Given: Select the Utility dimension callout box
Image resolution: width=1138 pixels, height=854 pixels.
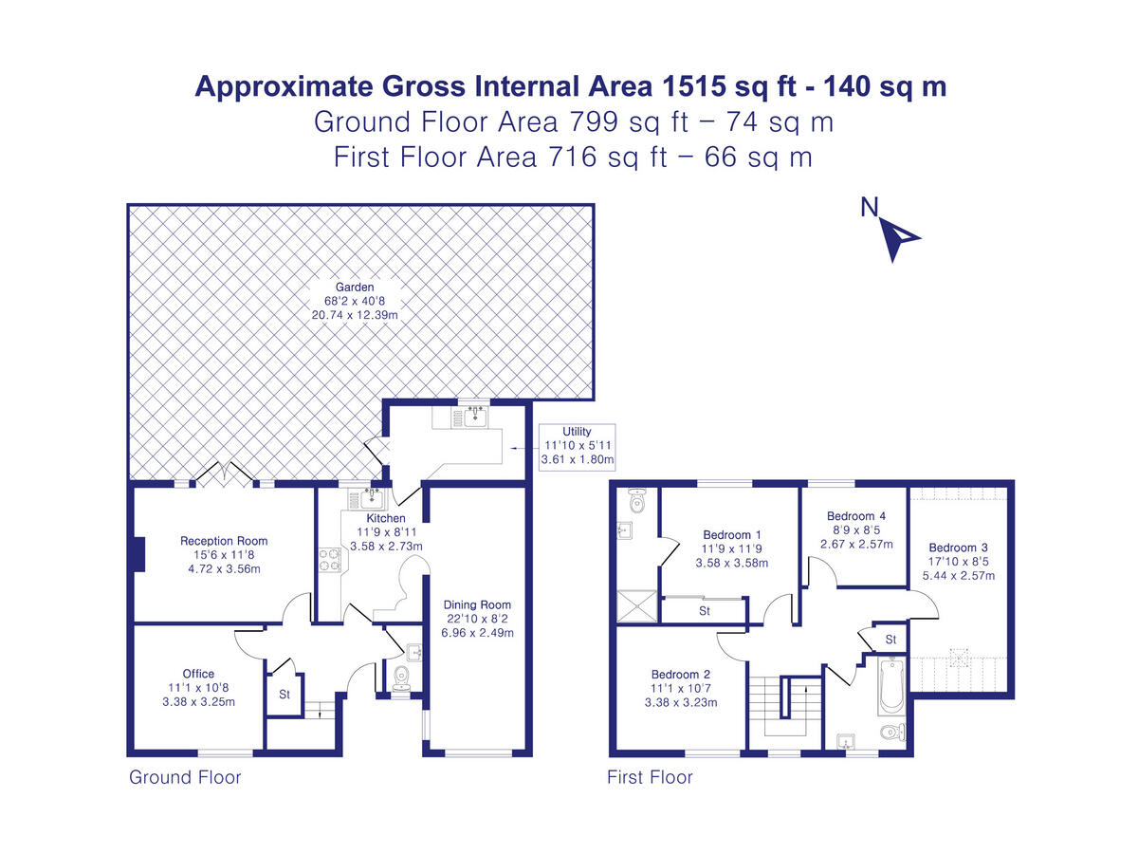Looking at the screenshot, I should (577, 446).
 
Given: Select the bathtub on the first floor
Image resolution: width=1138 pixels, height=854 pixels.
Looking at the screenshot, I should (890, 686).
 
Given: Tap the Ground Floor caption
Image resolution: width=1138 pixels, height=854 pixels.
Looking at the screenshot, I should (185, 778).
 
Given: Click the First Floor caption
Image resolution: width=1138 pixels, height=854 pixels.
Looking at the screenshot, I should (650, 778).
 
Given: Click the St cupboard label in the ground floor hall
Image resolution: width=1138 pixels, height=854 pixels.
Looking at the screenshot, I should (283, 694).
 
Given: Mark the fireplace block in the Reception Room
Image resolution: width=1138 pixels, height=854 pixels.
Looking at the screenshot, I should (138, 555).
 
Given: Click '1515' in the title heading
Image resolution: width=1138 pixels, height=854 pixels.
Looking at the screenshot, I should (694, 86).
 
